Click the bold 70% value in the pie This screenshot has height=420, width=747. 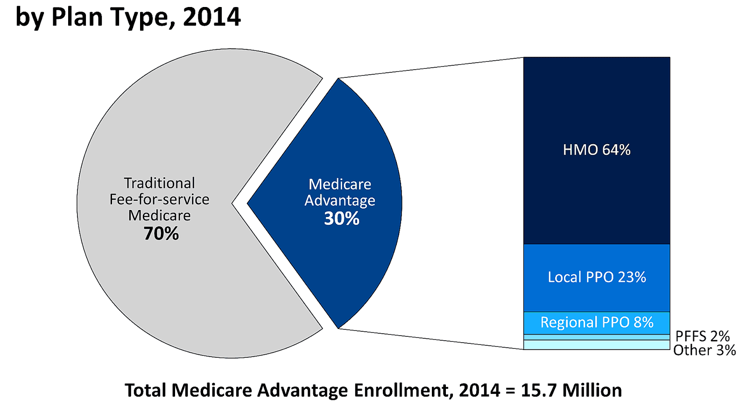[x=161, y=233]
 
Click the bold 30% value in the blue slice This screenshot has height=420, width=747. [x=342, y=218]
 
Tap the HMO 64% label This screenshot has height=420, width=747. [x=597, y=150]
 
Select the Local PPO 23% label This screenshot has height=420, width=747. [x=597, y=277]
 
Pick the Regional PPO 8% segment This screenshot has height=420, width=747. [x=597, y=322]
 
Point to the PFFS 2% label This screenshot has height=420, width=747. [x=702, y=336]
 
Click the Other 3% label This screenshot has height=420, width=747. [x=704, y=350]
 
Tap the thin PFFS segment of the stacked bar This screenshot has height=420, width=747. [x=597, y=337]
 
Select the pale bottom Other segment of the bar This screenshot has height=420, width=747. [x=597, y=345]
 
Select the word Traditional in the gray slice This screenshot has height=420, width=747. [x=159, y=183]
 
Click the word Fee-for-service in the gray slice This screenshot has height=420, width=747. [x=159, y=199]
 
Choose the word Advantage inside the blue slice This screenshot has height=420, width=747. [x=340, y=201]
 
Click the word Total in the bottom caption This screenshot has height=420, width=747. [x=146, y=390]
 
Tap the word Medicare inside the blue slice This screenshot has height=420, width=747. [x=340, y=184]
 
